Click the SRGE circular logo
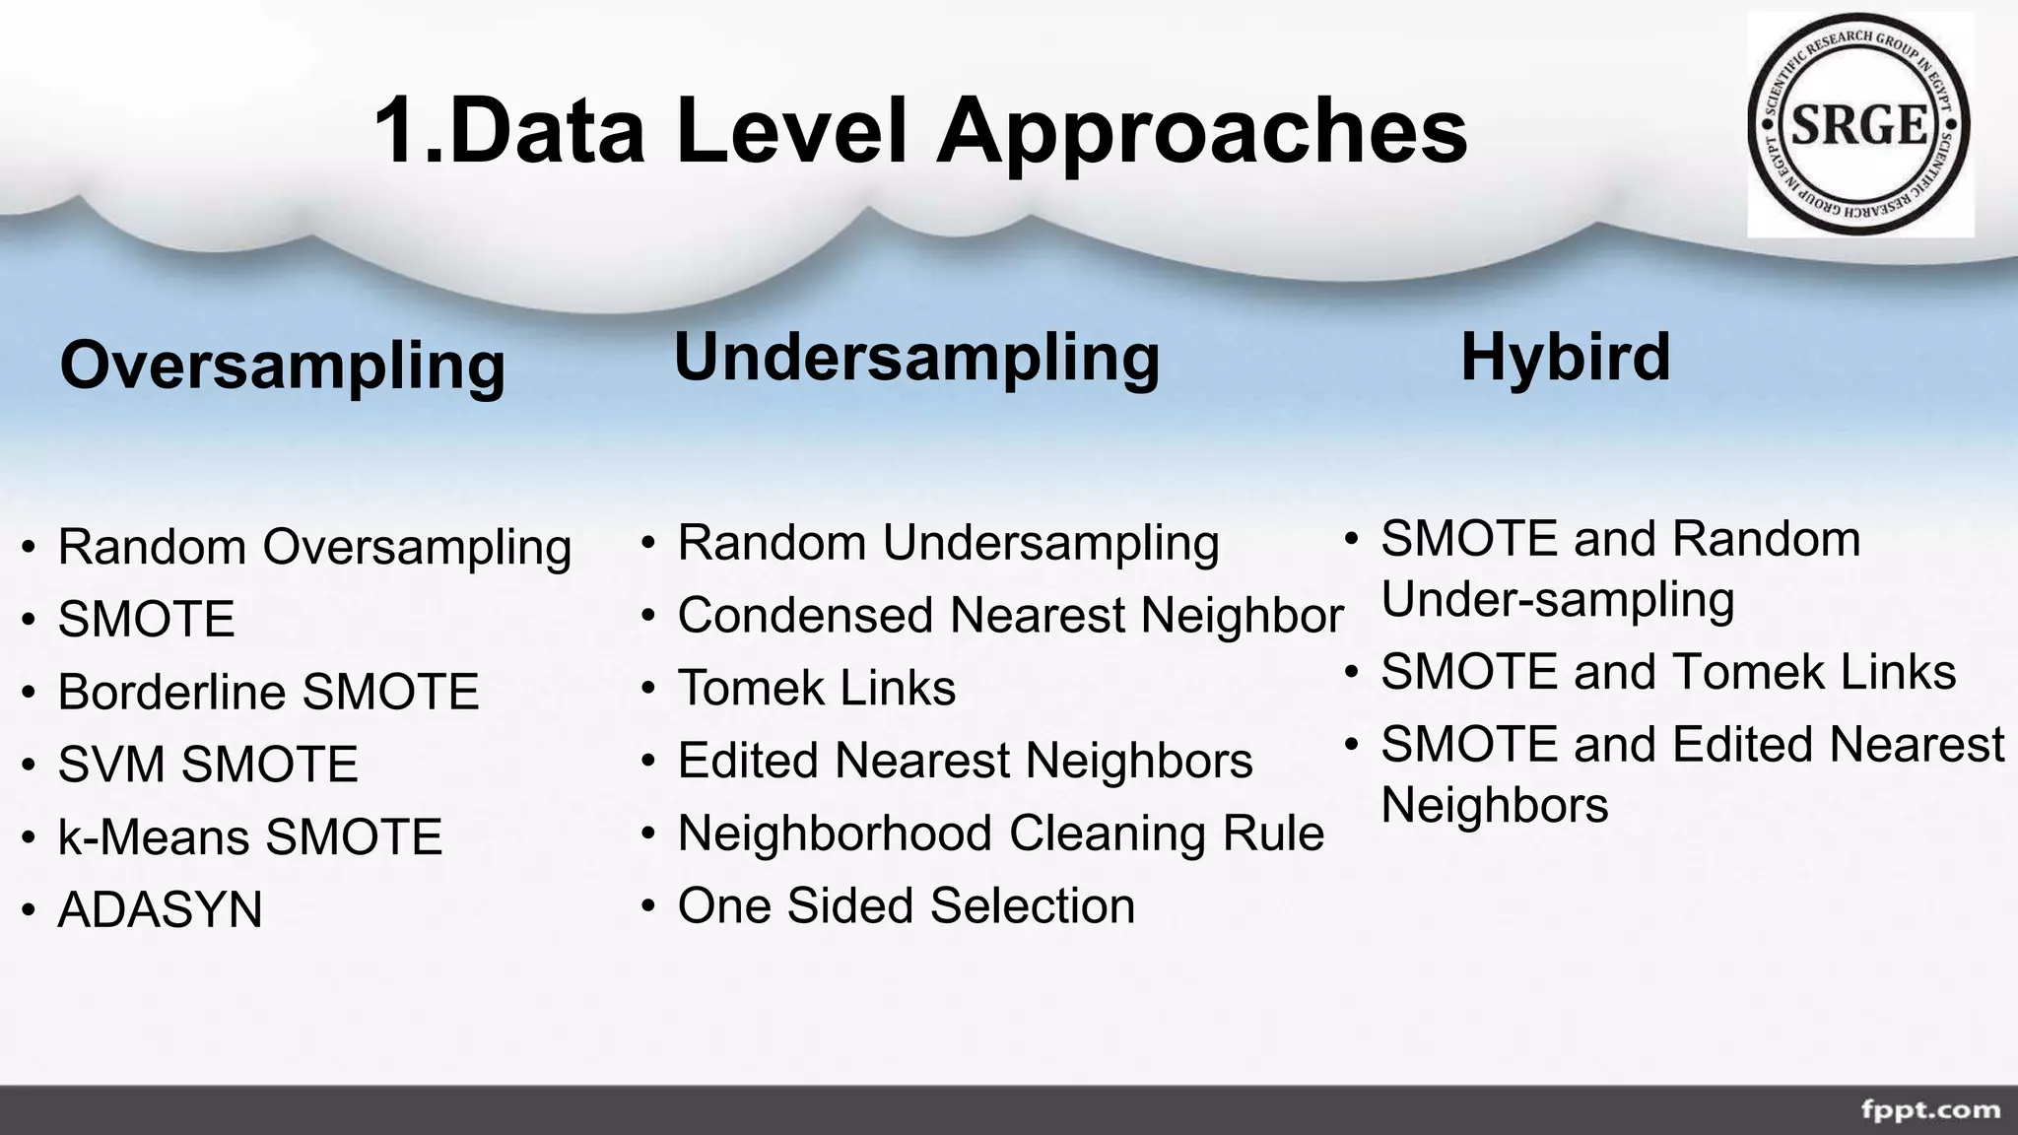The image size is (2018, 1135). [1859, 125]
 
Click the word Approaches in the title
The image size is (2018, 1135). [1201, 132]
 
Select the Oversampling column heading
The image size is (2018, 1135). [283, 366]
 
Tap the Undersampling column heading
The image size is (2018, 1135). [916, 357]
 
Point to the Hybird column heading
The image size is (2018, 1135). [1565, 357]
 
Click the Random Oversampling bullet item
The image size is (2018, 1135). [314, 547]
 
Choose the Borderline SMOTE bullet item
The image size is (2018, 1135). [268, 692]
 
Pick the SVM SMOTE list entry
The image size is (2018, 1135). [208, 765]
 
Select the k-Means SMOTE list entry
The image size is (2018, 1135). [250, 836]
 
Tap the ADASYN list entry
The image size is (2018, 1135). [161, 909]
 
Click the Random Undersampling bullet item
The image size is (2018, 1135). [948, 543]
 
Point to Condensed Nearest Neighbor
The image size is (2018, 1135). [1010, 616]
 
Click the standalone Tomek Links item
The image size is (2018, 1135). [816, 688]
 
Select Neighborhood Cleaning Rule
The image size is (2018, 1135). [1000, 834]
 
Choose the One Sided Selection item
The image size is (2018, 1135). [906, 905]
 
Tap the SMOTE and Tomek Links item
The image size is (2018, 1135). [1667, 672]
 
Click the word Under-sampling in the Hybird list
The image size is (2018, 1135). [1558, 599]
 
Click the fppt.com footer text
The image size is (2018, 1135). [1930, 1110]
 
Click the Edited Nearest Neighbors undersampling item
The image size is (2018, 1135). [965, 761]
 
